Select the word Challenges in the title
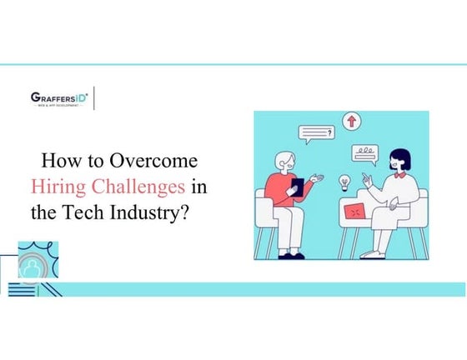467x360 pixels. point(135,186)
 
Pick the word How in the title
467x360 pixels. point(57,161)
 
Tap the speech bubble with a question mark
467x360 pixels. point(314,132)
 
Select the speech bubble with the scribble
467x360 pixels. point(364,153)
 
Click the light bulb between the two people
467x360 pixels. point(342,182)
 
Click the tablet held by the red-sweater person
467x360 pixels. point(296,187)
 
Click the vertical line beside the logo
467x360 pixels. point(94,97)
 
